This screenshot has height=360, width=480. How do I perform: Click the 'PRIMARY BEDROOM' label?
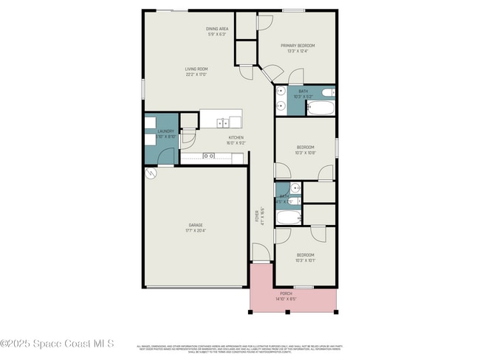[x=297, y=46]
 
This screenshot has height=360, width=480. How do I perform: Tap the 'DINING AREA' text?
[x=217, y=29]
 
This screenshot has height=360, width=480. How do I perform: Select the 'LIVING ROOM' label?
[x=196, y=69]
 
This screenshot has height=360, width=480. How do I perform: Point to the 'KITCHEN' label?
[x=236, y=138]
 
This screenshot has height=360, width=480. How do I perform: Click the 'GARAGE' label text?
[x=196, y=224]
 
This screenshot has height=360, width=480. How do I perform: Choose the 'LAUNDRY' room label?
[x=165, y=131]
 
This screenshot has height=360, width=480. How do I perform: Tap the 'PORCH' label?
[x=292, y=294]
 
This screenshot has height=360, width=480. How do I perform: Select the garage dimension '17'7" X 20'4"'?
[x=196, y=230]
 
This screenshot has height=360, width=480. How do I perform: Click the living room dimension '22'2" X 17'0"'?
[x=196, y=75]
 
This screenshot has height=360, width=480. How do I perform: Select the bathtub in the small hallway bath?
[x=288, y=218]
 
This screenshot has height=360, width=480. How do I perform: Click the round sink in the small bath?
[x=294, y=187]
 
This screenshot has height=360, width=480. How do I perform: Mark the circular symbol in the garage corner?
[x=151, y=173]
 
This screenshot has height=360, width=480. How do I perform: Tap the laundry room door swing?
[x=168, y=156]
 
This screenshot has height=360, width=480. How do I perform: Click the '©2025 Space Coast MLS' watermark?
[x=58, y=344]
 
